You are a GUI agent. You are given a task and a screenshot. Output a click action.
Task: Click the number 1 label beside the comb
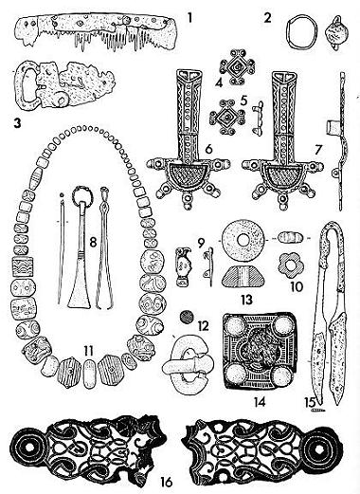(189, 18)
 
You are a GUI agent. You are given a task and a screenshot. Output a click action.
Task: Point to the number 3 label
(16, 123)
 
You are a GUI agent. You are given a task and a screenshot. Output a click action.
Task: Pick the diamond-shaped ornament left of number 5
(226, 118)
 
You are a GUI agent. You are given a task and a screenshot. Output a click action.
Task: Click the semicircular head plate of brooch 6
(189, 174)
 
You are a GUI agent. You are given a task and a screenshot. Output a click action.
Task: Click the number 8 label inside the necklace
(93, 243)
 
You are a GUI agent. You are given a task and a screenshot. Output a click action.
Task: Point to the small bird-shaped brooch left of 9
(183, 266)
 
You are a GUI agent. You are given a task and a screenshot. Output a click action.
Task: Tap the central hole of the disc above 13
(243, 240)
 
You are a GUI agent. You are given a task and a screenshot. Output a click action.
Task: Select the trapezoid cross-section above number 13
(243, 275)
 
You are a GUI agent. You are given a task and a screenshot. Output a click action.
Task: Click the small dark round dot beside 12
(186, 317)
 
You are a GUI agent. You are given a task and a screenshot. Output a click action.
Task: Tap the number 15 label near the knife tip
(310, 403)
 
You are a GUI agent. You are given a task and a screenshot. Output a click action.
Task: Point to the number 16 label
(167, 483)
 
